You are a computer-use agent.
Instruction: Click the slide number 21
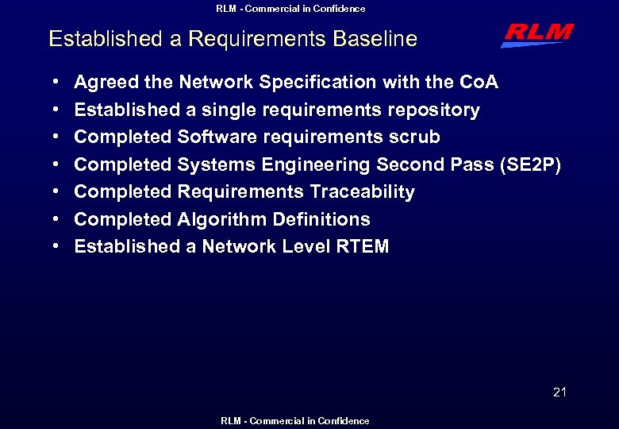click(560, 392)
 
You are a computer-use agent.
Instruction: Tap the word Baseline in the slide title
click(377, 39)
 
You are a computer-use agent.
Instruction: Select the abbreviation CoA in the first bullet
click(479, 83)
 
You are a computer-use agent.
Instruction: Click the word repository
click(434, 110)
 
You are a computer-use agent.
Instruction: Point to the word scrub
click(414, 137)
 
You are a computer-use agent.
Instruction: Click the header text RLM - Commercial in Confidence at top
click(291, 9)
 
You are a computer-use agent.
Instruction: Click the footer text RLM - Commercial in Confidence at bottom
click(295, 421)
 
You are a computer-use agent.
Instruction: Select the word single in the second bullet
click(231, 110)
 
